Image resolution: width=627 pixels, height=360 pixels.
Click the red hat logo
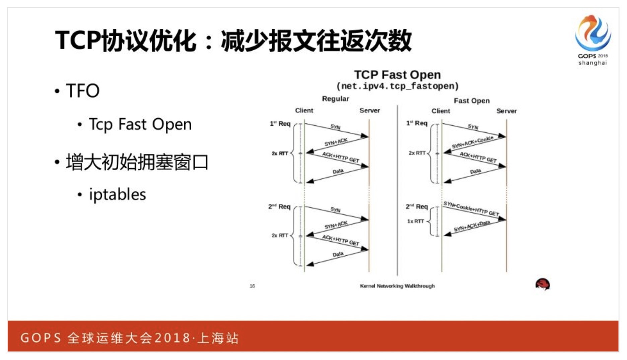click(543, 284)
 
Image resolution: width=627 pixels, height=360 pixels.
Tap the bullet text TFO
click(83, 91)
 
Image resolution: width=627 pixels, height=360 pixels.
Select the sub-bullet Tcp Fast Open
click(140, 124)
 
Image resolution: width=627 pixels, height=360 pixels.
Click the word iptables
click(117, 194)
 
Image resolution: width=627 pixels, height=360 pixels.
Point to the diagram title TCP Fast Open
click(397, 74)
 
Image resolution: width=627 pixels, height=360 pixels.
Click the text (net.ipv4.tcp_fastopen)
click(397, 86)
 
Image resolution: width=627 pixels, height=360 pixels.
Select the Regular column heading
click(335, 99)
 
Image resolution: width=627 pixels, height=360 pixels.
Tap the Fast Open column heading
click(472, 101)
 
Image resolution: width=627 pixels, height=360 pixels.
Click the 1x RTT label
click(415, 221)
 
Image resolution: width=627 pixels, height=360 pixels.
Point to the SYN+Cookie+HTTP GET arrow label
click(471, 208)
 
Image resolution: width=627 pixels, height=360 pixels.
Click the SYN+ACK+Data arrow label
click(472, 226)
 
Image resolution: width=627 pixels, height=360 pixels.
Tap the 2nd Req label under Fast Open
click(417, 206)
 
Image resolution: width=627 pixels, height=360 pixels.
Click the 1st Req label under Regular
click(280, 123)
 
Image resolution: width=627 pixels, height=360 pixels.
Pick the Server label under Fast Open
click(506, 111)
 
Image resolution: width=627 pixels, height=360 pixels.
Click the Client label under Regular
click(304, 110)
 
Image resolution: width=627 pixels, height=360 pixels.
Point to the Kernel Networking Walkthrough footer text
click(397, 286)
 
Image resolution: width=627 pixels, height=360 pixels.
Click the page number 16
click(252, 286)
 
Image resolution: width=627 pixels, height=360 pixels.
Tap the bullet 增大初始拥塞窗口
click(137, 162)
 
